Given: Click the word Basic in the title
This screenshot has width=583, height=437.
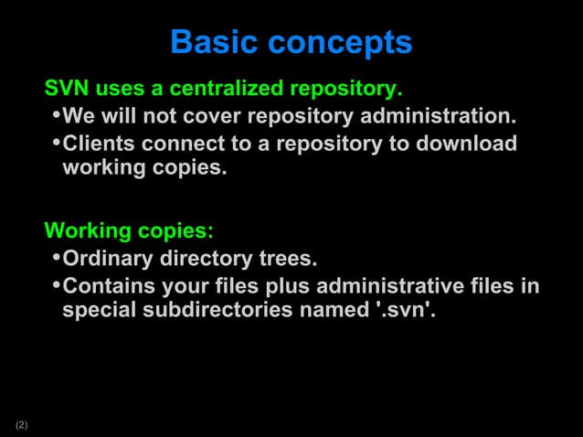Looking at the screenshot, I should tap(210, 42).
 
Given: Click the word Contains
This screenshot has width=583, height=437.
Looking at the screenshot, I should tap(106, 286).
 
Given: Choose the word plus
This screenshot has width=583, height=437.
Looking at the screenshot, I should tap(265, 287).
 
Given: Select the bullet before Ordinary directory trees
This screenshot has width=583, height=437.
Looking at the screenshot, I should tap(56, 257).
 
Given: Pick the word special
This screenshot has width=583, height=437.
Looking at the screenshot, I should tap(98, 311).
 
